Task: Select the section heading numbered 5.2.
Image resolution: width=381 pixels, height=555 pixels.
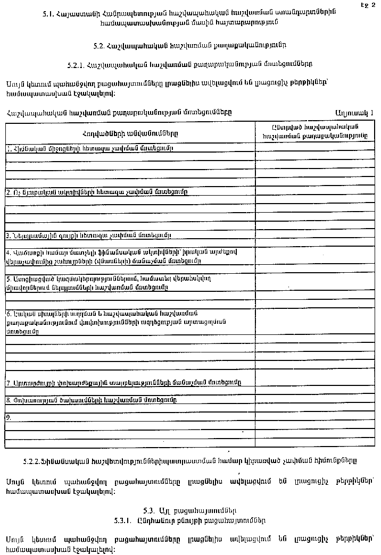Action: click(190, 46)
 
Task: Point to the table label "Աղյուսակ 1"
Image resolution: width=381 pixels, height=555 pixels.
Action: click(354, 113)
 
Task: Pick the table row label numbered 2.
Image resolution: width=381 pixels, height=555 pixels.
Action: click(96, 191)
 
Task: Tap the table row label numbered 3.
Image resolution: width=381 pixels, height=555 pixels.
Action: click(88, 235)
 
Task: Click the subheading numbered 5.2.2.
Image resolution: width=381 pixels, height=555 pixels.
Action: click(190, 458)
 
